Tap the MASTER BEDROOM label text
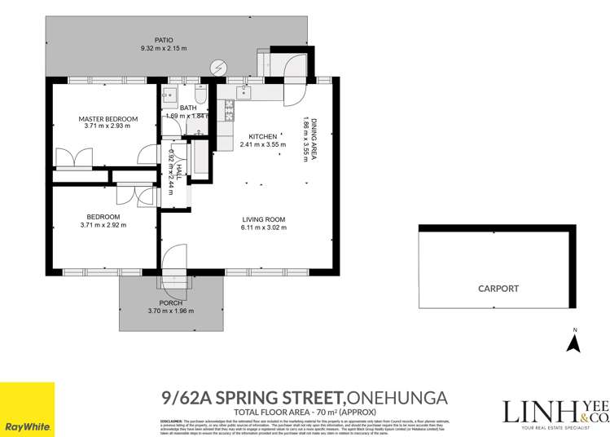point(108,119)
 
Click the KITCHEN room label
point(252,136)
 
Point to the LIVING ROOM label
point(262,218)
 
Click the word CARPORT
point(498,289)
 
